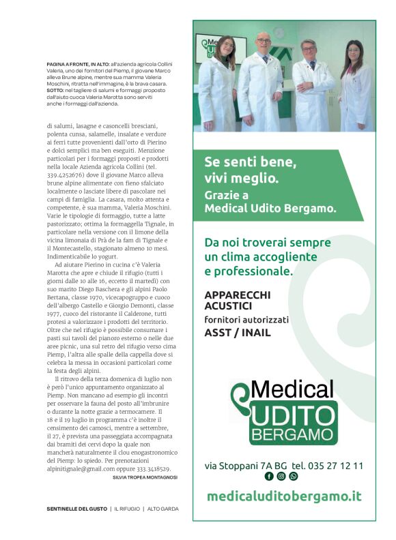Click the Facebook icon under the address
tap(269, 476)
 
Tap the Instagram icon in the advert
tap(281, 476)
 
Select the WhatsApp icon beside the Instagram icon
tap(294, 476)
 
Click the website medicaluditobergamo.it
tap(283, 496)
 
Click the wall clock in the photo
tap(279, 31)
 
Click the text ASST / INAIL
tap(237, 333)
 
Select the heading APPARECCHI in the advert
tap(237, 295)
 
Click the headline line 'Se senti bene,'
tap(249, 162)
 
